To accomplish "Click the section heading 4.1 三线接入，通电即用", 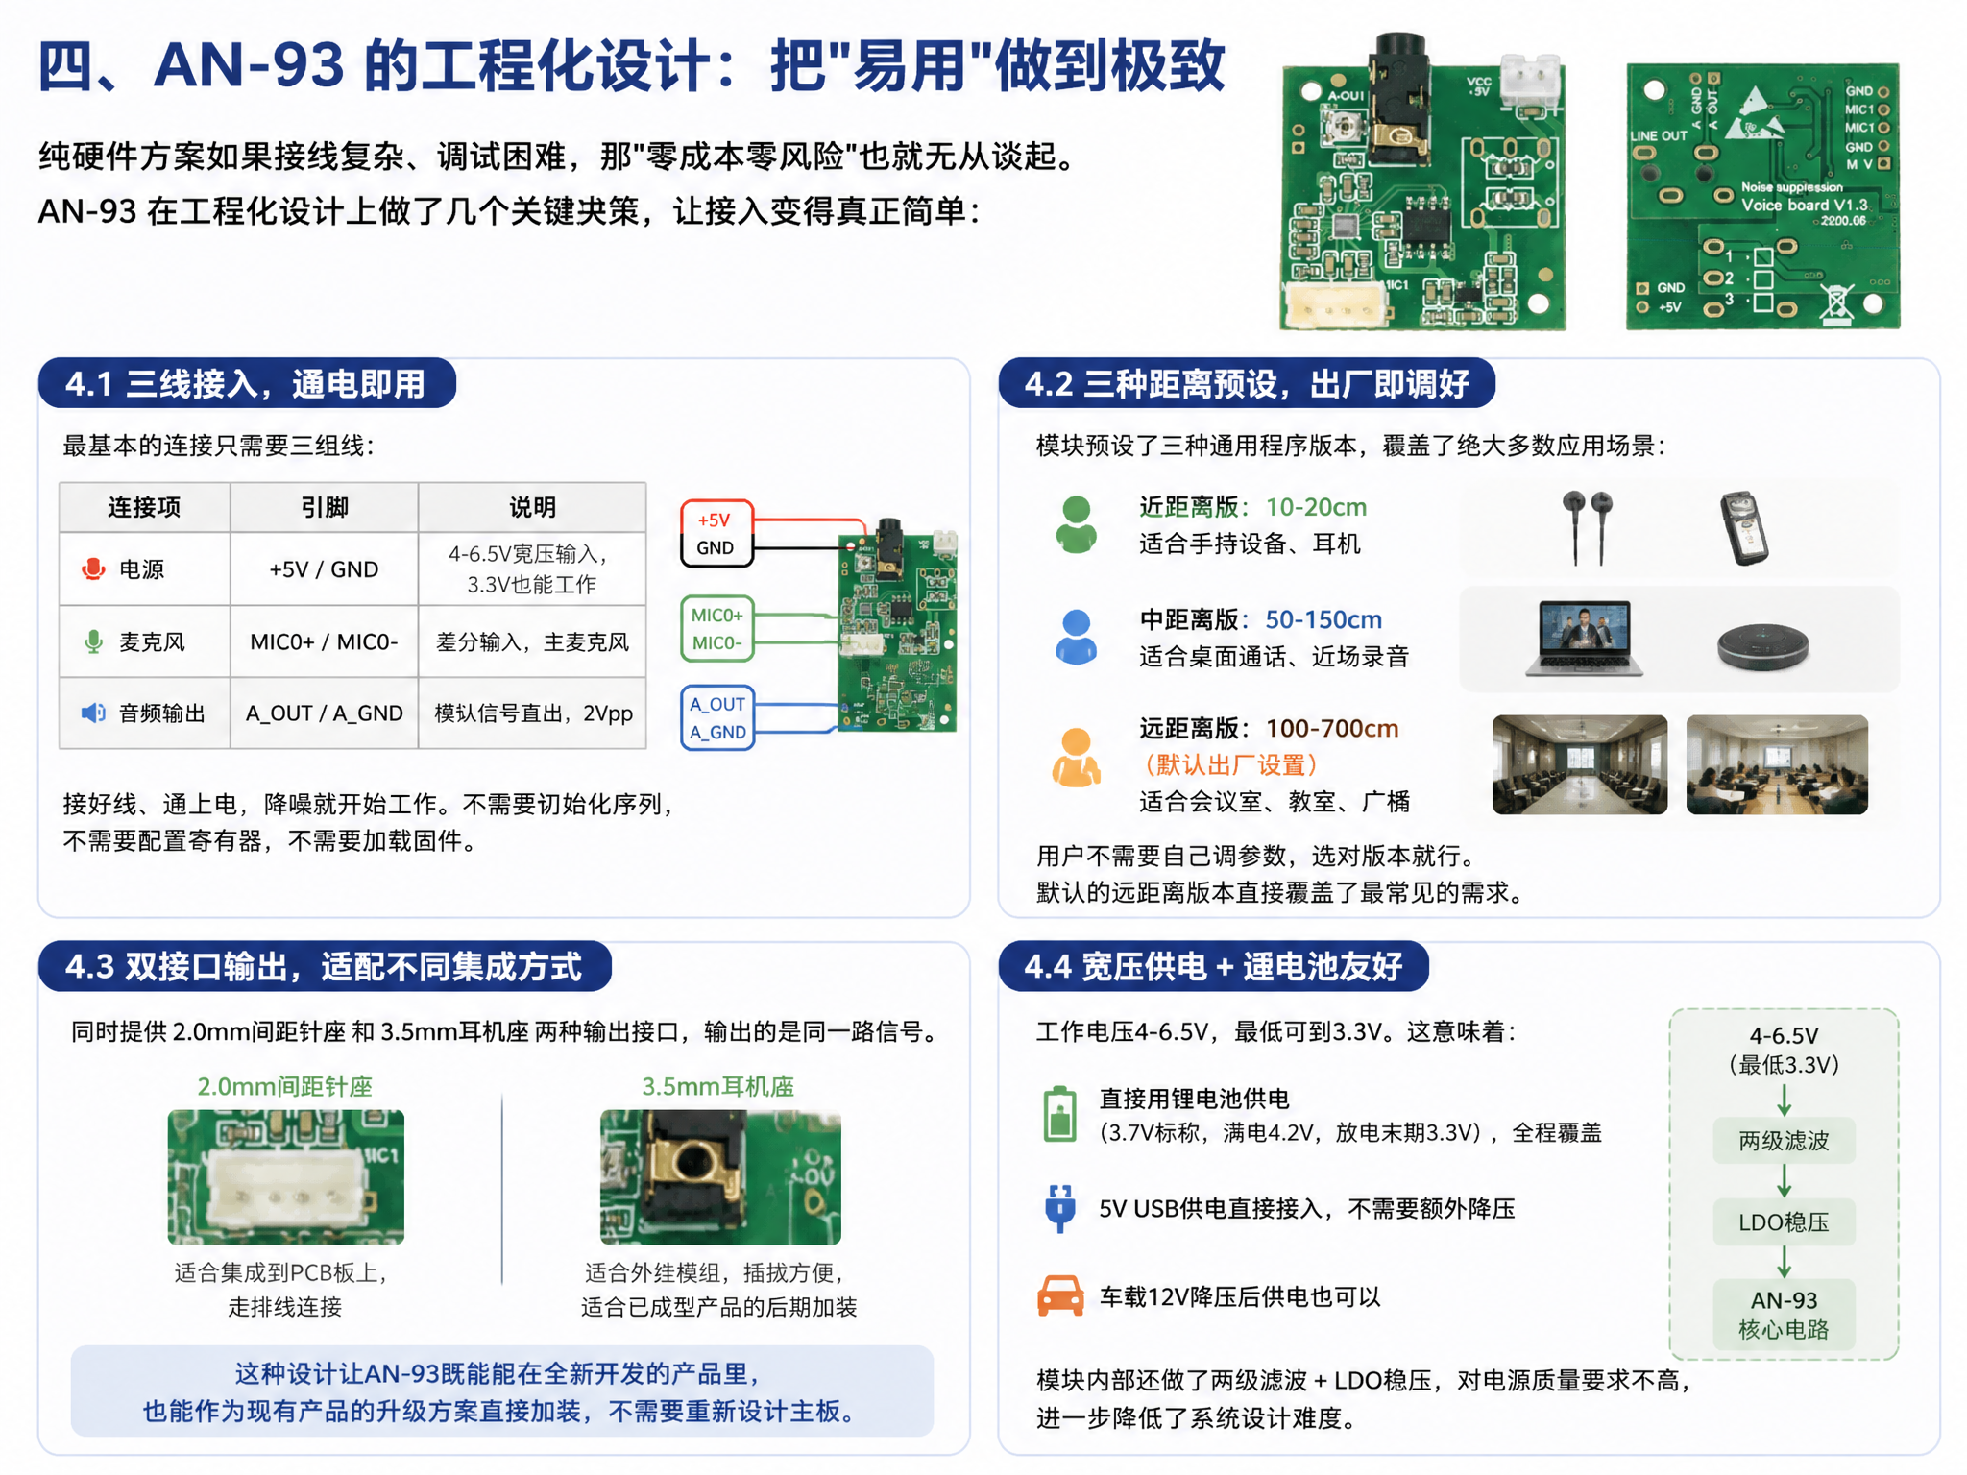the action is point(246,384).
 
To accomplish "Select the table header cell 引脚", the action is point(325,507).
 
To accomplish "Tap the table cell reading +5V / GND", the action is point(325,569).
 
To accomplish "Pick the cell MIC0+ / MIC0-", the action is point(325,641).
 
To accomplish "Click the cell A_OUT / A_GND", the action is point(325,713).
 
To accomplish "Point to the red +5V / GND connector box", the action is point(716,534).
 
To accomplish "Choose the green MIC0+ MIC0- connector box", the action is point(716,629).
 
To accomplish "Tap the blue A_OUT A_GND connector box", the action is point(716,717).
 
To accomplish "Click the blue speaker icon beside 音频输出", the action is point(93,713).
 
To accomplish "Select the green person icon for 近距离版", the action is point(1077,524).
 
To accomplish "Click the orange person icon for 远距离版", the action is point(1077,758).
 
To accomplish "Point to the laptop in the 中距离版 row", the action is point(1585,638).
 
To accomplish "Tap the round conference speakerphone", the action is point(1763,646).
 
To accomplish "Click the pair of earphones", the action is point(1587,526).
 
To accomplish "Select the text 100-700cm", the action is point(1332,729).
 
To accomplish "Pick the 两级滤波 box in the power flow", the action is point(1784,1141).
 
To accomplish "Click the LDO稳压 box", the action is point(1784,1222).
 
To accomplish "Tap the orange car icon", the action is point(1060,1295).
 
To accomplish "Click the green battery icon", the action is point(1059,1115).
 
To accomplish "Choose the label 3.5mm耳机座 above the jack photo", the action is point(718,1086).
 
